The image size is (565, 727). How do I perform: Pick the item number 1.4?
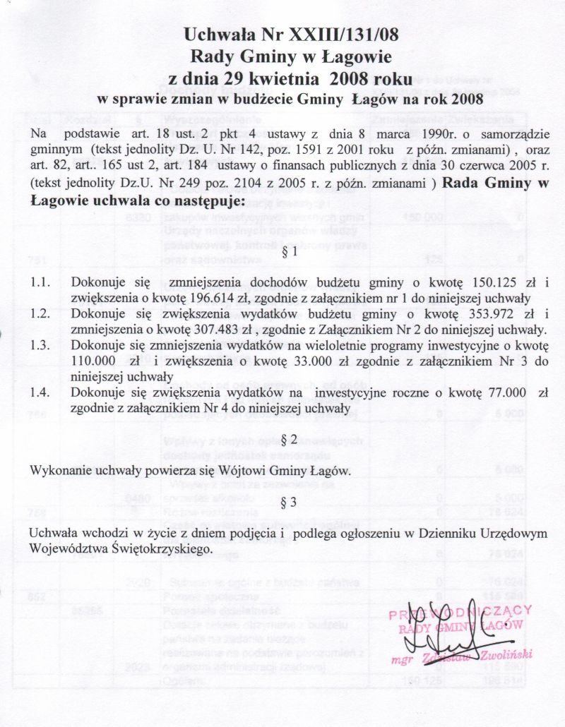pyautogui.click(x=40, y=393)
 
